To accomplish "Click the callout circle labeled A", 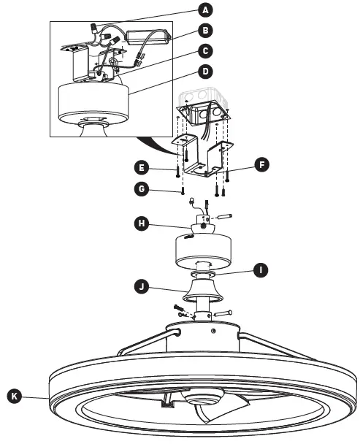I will (207, 9).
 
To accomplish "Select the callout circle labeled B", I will (207, 31).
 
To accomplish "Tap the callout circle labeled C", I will (207, 52).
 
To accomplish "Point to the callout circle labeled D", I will (207, 72).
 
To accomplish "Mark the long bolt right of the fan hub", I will (223, 313).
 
